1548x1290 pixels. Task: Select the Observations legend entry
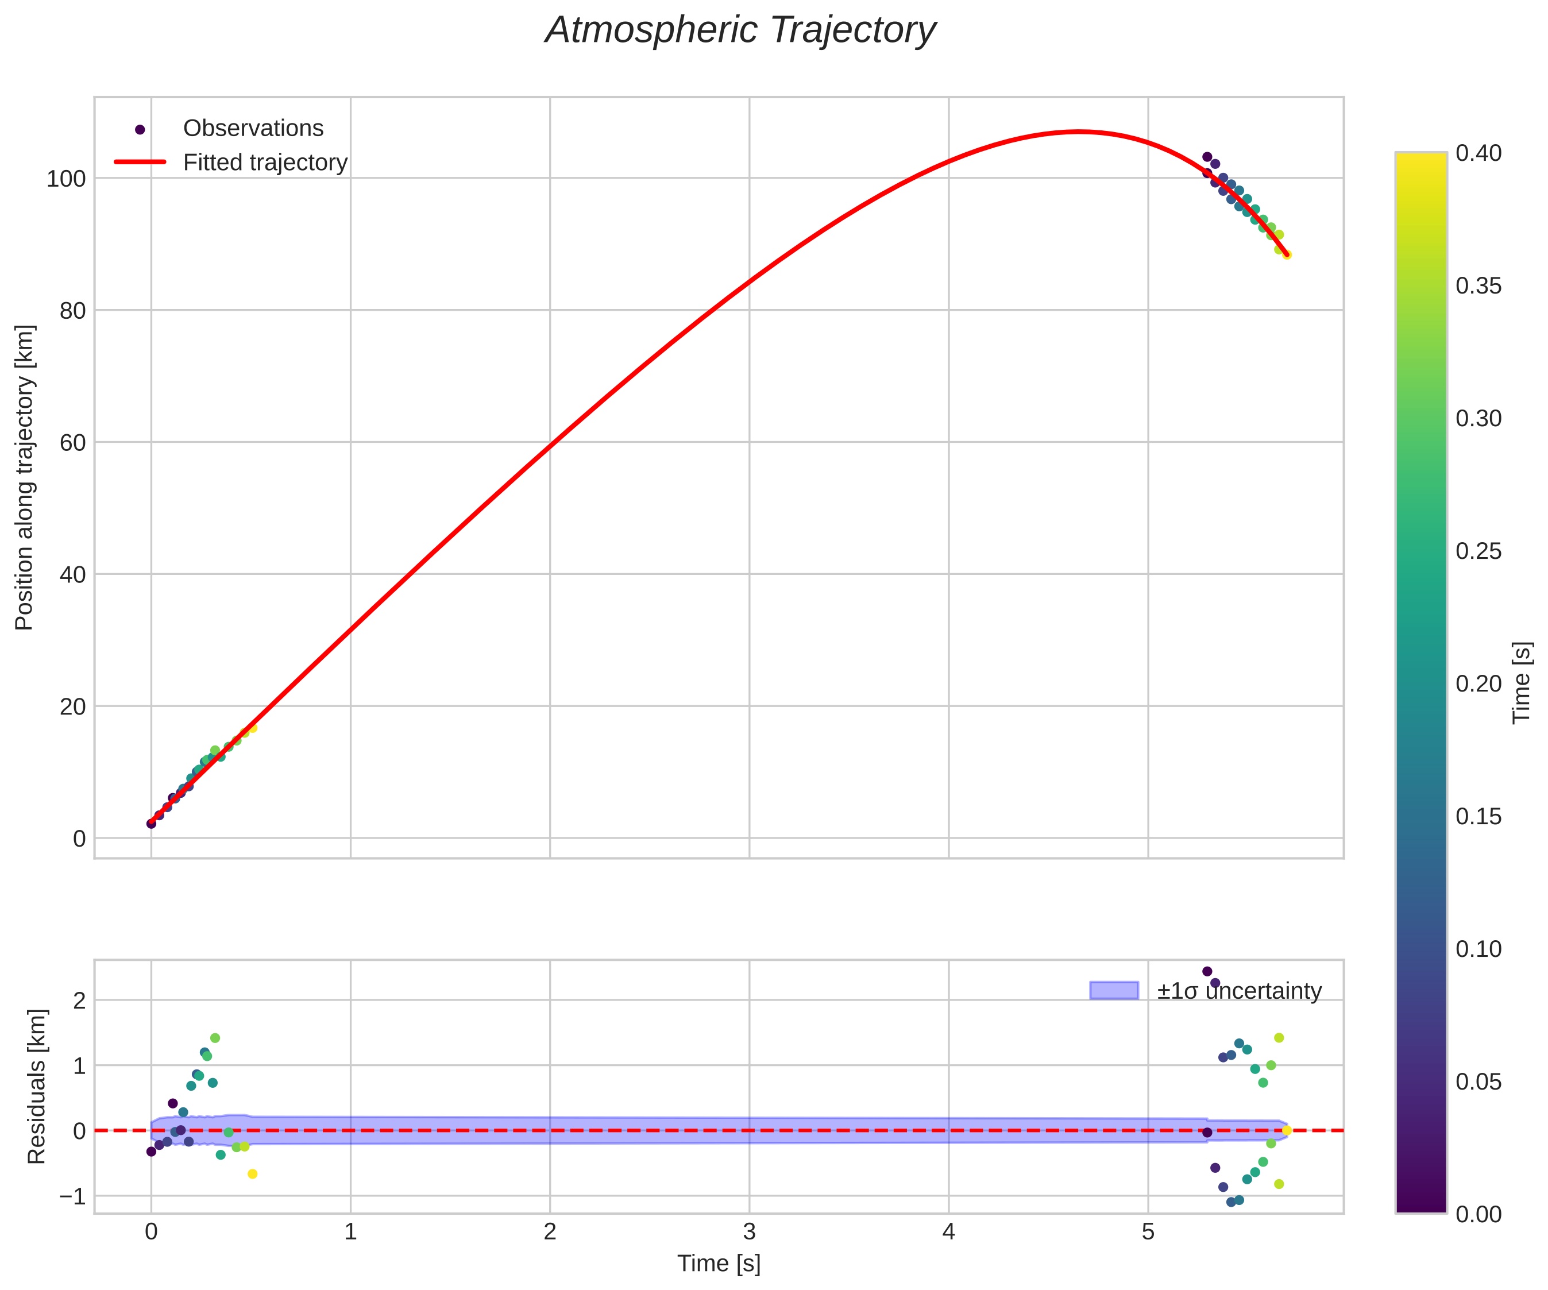pyautogui.click(x=253, y=128)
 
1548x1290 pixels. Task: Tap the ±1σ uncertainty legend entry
pyautogui.click(x=1239, y=991)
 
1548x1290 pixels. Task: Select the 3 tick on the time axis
pyautogui.click(x=749, y=1233)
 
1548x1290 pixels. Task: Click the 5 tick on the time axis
pyautogui.click(x=1148, y=1233)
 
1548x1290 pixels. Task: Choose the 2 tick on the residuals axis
pyautogui.click(x=79, y=1001)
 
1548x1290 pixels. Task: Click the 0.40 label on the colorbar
pyautogui.click(x=1478, y=153)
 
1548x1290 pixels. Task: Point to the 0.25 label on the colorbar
pyautogui.click(x=1478, y=551)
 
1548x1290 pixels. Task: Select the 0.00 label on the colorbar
pyautogui.click(x=1478, y=1214)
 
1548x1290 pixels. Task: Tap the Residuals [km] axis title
pyautogui.click(x=36, y=1087)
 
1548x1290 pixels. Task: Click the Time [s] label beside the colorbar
pyautogui.click(x=1522, y=682)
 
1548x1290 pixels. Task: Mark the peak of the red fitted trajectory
pyautogui.click(x=1079, y=132)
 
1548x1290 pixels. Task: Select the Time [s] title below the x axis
pyautogui.click(x=719, y=1264)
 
